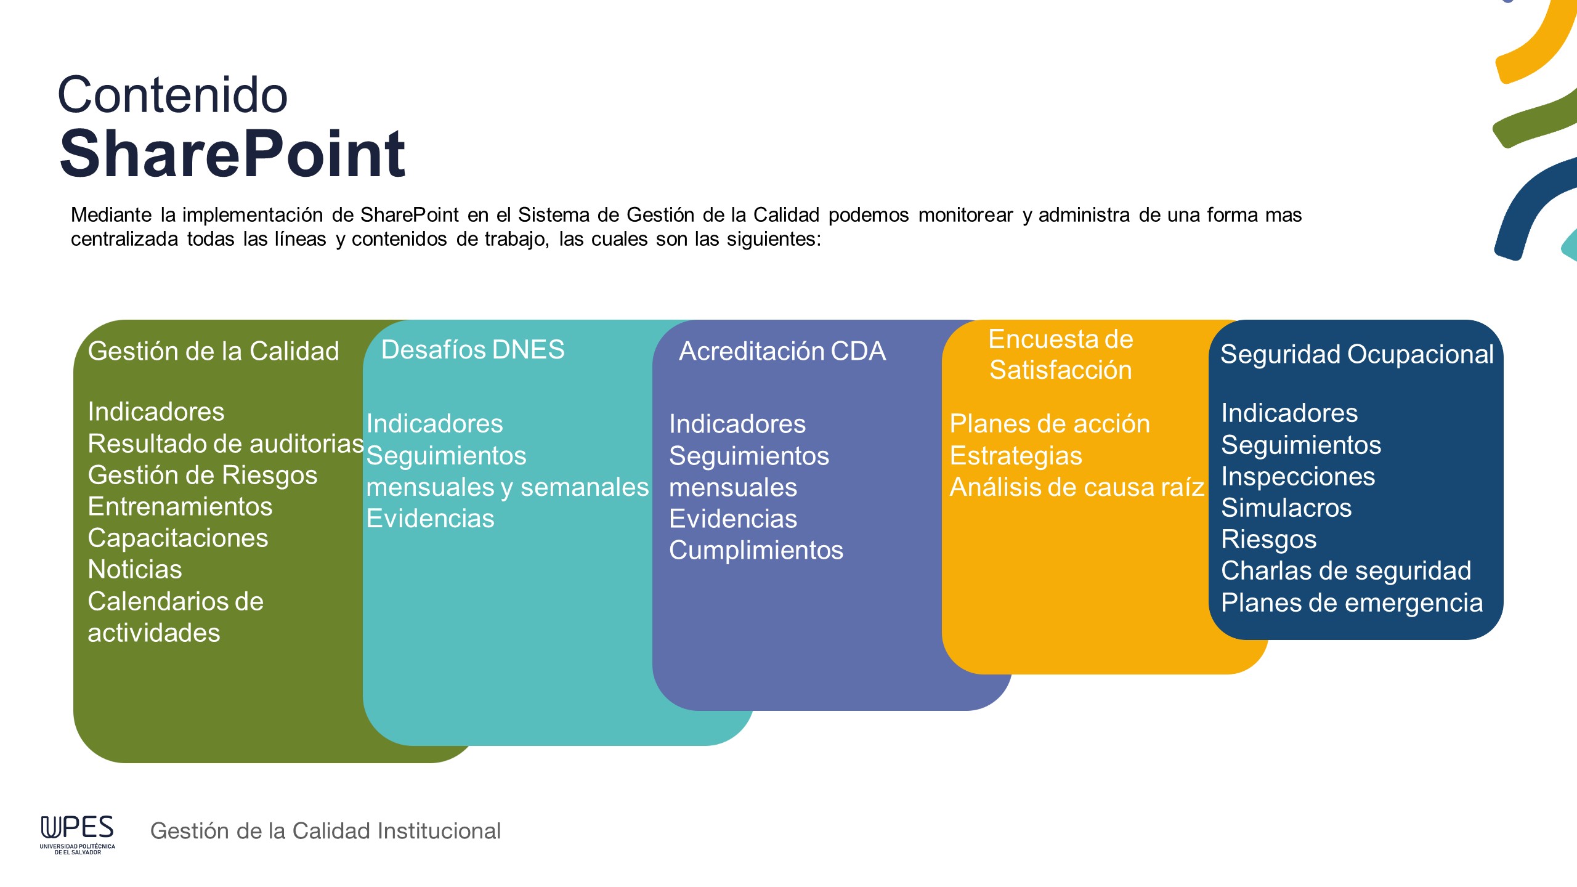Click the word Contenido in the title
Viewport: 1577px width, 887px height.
tap(172, 95)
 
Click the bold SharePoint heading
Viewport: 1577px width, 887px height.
tap(232, 153)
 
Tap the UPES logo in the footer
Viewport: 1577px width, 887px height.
tap(78, 835)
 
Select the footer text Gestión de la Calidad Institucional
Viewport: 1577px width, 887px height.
tap(325, 831)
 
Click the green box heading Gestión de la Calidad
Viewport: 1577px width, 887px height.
tap(213, 351)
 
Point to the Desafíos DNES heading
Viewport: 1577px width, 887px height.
tap(472, 349)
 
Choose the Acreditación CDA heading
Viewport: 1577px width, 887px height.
tap(782, 351)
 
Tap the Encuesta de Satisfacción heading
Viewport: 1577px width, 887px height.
tap(1060, 354)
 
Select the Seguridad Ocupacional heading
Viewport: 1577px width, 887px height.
tap(1356, 354)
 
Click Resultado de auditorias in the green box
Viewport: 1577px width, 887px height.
tap(226, 443)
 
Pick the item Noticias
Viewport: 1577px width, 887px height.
tap(135, 569)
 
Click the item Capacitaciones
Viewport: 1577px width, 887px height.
tap(178, 538)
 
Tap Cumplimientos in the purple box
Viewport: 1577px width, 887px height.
tap(756, 551)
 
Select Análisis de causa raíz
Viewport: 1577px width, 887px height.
tap(1076, 487)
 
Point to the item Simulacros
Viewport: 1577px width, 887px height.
tap(1286, 508)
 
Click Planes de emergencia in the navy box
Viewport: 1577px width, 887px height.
tap(1352, 603)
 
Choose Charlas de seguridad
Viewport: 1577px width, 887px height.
tap(1346, 571)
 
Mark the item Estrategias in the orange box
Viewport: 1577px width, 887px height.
tap(1016, 456)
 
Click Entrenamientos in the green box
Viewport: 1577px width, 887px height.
tap(180, 506)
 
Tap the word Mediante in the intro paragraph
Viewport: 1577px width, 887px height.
tap(111, 214)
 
